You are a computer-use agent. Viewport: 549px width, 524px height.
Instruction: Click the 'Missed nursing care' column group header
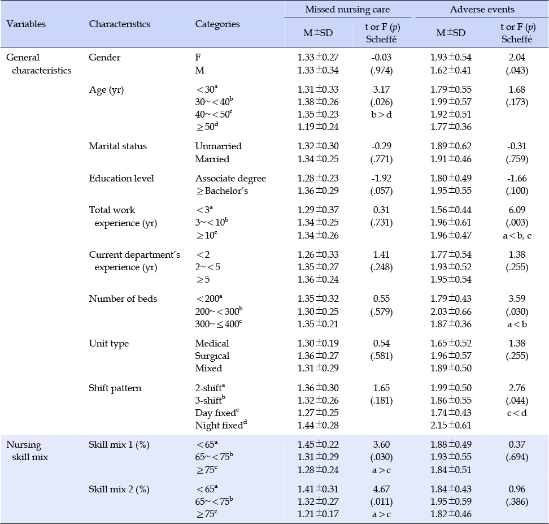pos(347,10)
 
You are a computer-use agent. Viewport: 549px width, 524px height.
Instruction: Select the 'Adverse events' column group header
pos(482,10)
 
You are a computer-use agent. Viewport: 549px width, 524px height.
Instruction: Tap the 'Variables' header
pos(26,24)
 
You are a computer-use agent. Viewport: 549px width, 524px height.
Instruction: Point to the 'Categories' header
pos(217,24)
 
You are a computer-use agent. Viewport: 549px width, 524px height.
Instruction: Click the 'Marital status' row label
pos(117,146)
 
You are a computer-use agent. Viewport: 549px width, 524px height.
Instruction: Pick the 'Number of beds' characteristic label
pos(123,298)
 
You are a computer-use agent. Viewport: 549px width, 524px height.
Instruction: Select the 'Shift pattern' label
pos(115,388)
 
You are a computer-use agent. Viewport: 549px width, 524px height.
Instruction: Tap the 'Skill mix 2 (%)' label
pos(119,489)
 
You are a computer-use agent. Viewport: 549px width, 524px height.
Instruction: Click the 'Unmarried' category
pos(219,146)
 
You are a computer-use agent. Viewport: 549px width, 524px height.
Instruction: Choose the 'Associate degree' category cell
pos(231,179)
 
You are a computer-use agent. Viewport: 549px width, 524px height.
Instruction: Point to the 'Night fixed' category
pos(221,425)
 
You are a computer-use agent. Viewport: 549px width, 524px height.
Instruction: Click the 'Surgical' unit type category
pos(212,356)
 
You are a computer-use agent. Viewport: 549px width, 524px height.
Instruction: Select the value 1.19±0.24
pos(318,127)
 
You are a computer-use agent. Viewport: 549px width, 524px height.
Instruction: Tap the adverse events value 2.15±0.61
pos(451,425)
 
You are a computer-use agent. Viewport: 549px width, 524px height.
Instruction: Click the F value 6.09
pos(517,210)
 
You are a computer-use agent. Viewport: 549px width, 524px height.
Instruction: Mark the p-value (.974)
pos(381,71)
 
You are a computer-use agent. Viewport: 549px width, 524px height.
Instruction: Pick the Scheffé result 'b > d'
pos(381,114)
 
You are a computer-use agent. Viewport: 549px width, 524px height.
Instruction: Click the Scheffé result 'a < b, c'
pos(517,236)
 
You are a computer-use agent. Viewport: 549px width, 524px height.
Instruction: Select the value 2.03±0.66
pos(451,311)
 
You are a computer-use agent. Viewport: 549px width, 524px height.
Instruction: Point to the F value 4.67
pos(381,489)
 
